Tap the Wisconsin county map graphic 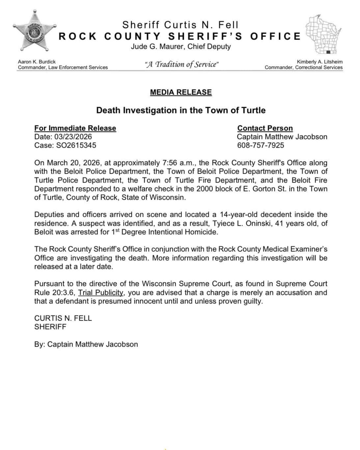[321, 35]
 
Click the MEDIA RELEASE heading [181, 92]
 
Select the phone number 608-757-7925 [261, 145]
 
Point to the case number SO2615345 [76, 145]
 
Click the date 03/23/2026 [73, 137]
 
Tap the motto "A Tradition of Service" [181, 64]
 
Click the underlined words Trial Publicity [101, 293]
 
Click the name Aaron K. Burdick [37, 62]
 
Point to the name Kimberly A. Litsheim [319, 62]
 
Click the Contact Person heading [265, 128]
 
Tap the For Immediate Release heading [75, 128]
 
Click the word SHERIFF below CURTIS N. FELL [50, 327]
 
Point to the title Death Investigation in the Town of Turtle [181, 110]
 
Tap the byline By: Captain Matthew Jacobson [86, 344]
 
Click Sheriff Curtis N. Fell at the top [180, 25]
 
